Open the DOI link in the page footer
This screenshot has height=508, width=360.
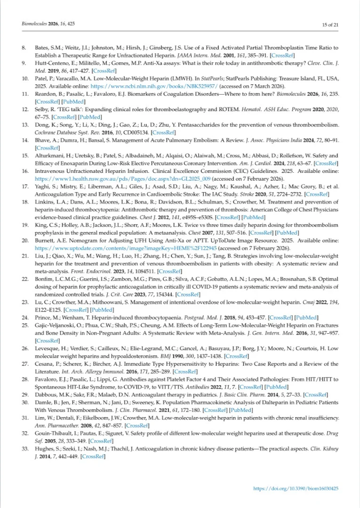pos(296,489)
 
